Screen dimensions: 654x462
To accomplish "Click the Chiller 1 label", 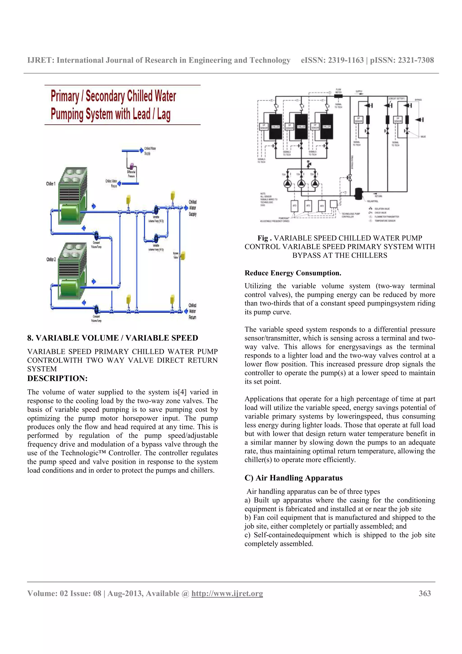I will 51,184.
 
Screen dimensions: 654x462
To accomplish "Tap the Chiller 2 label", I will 51,259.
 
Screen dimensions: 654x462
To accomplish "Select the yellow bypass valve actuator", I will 183,255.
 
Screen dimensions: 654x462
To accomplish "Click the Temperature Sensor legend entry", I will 385,221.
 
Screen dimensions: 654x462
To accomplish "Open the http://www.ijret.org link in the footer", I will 227,593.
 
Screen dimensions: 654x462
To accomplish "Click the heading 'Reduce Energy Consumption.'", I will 293,273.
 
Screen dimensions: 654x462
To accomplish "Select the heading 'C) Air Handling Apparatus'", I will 293,478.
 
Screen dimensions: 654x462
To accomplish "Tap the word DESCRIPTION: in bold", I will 57,378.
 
